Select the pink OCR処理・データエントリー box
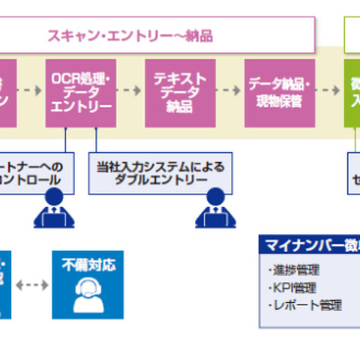(x=80, y=91)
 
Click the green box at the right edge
(x=352, y=91)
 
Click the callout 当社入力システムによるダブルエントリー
(x=160, y=171)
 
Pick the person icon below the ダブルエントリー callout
(x=214, y=210)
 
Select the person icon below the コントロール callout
(x=54, y=210)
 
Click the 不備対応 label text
(x=88, y=264)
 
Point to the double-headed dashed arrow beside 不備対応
(x=33, y=286)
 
